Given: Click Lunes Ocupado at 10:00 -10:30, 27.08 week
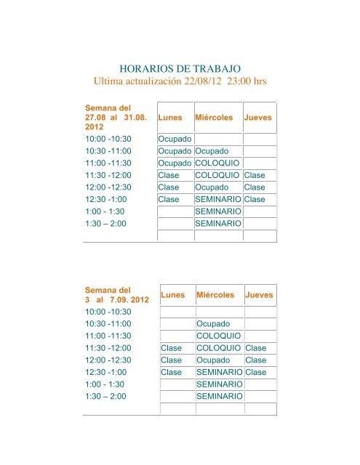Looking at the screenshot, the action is [175, 139].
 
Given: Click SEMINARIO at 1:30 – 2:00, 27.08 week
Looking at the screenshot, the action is [218, 223].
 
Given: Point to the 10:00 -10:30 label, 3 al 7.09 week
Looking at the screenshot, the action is [111, 312].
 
